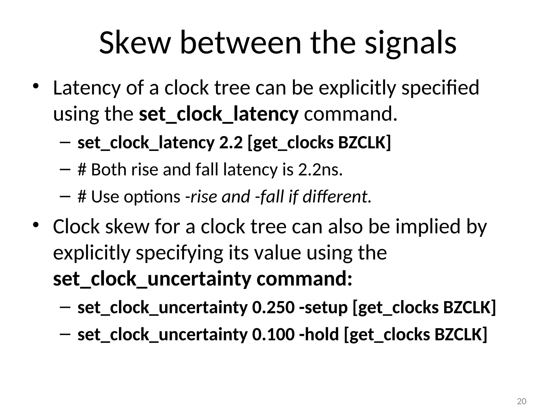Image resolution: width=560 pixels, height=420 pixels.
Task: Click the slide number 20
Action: [521, 401]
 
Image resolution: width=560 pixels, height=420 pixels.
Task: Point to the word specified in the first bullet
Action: [440, 88]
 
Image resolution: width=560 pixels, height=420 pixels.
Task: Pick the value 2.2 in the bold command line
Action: [231, 142]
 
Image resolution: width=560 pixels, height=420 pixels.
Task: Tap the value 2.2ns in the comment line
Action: [320, 170]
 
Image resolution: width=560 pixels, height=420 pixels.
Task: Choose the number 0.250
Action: [273, 307]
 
